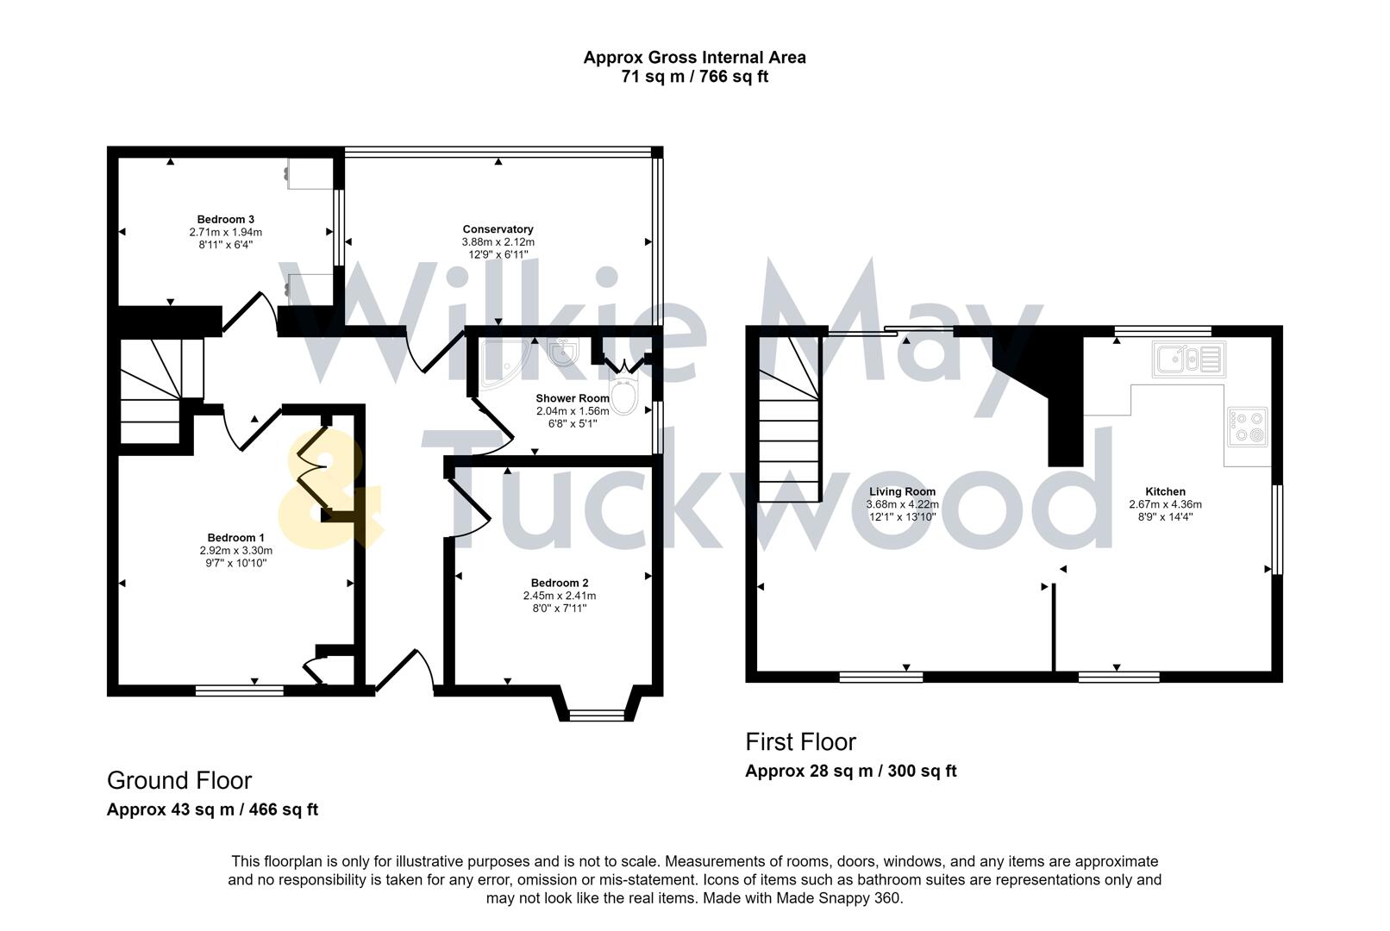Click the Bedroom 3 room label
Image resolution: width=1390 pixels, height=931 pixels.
(225, 219)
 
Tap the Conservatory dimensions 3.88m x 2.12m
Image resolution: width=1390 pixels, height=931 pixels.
(498, 242)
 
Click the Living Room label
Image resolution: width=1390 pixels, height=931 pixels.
(902, 491)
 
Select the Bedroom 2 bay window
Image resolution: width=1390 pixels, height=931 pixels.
(598, 713)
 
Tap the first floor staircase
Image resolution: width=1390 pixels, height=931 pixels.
(788, 422)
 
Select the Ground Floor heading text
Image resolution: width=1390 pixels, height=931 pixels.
(179, 780)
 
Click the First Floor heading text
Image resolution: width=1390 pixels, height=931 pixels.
(800, 741)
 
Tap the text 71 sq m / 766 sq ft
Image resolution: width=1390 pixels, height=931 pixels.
(694, 77)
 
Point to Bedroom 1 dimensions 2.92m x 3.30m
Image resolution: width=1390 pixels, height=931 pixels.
(235, 550)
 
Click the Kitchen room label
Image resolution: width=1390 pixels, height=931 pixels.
(1165, 491)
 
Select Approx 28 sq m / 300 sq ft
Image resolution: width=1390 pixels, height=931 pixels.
(850, 771)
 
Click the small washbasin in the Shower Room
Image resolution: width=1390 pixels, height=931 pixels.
(562, 351)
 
